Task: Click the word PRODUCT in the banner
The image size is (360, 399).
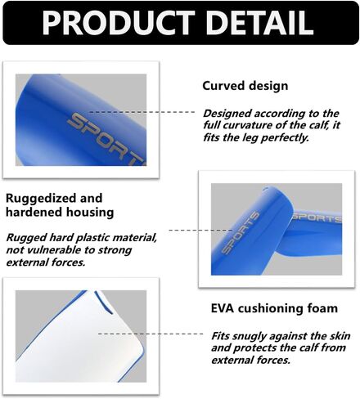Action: (x=119, y=23)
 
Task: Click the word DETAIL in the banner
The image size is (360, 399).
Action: (x=260, y=23)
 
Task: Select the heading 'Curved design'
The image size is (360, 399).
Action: (x=245, y=86)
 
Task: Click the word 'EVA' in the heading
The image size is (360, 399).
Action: (x=222, y=308)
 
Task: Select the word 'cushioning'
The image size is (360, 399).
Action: (x=270, y=309)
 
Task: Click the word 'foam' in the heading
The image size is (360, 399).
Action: (x=322, y=308)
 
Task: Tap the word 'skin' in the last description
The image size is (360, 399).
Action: (x=340, y=336)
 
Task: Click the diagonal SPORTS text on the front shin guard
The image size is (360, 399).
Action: (x=240, y=232)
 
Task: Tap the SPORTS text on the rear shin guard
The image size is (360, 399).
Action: (x=317, y=217)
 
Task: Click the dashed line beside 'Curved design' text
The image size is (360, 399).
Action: (x=142, y=112)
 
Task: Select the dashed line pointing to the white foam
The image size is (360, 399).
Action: (x=151, y=334)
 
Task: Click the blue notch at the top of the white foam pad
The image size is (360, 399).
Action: (x=104, y=302)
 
